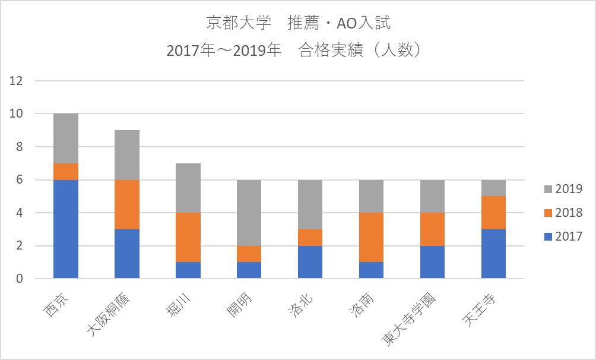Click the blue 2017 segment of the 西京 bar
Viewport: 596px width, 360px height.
tap(66, 229)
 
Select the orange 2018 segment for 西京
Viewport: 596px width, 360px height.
tap(66, 172)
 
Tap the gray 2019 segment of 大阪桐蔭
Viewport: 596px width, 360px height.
tap(127, 155)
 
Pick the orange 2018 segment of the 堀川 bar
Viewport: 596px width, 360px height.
tap(188, 238)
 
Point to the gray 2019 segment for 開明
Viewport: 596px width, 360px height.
tap(249, 213)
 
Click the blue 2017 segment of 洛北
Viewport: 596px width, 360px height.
tap(310, 262)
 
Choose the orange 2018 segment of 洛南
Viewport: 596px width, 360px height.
tap(371, 238)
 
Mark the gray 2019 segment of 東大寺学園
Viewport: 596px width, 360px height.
tap(432, 196)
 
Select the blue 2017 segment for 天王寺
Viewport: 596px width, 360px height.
tap(493, 254)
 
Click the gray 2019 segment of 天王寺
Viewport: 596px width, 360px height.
tap(493, 188)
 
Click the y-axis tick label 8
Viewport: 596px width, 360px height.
tap(20, 147)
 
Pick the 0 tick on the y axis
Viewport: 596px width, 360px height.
tap(20, 279)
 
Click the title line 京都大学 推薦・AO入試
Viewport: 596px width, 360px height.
tap(298, 24)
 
